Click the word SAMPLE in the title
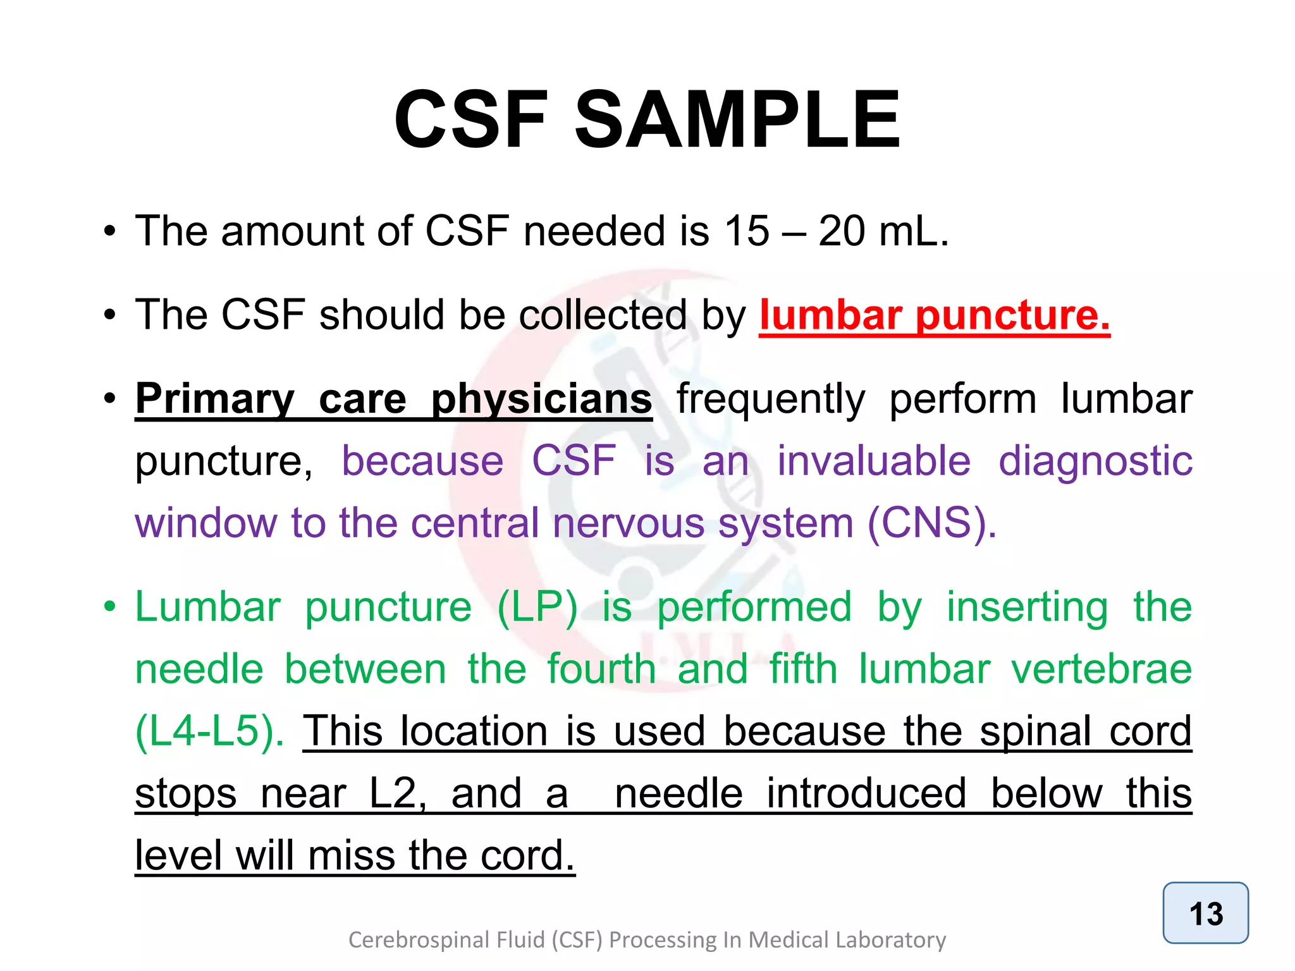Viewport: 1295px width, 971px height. (737, 120)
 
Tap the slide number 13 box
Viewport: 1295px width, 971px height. (1205, 913)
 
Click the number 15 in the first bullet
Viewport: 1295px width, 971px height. (747, 231)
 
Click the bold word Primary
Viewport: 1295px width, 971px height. (215, 399)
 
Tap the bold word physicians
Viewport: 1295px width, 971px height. (541, 399)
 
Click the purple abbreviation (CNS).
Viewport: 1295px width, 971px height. (931, 523)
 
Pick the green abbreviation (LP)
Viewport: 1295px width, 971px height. (537, 608)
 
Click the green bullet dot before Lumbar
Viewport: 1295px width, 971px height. (110, 608)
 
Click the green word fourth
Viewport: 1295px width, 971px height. (601, 669)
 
